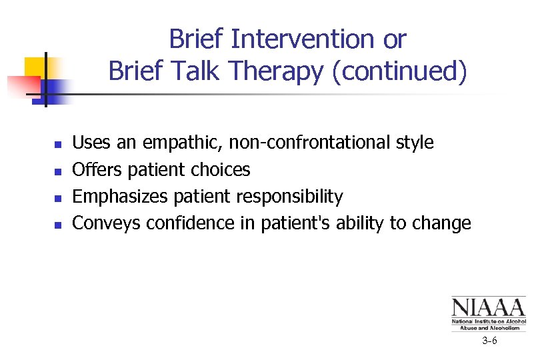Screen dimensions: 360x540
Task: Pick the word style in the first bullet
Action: click(413, 143)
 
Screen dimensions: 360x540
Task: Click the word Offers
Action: click(97, 170)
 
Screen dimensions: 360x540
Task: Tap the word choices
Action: click(220, 170)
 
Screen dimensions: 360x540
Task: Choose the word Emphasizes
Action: click(121, 197)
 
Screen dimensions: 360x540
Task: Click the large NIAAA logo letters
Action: click(488, 308)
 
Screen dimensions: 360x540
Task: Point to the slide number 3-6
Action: click(490, 341)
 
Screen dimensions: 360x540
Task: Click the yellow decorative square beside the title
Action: click(35, 67)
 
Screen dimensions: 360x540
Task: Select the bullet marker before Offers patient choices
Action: click(58, 171)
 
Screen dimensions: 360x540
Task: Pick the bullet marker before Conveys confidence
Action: click(58, 225)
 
